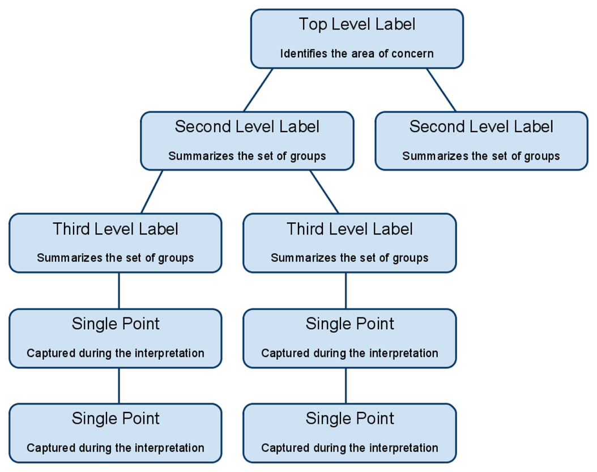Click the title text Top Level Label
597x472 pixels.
pos(357,24)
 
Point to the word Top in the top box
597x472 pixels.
pos(313,25)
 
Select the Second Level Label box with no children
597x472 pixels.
pos(481,141)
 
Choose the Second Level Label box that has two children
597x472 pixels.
pos(247,141)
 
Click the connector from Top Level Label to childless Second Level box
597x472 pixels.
pos(441,90)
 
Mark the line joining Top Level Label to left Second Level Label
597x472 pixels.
pos(258,90)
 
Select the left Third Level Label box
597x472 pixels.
pos(116,243)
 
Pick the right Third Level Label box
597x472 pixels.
pos(349,243)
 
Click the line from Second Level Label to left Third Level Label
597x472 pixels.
pos(152,192)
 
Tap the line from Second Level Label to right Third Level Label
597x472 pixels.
pos(324,192)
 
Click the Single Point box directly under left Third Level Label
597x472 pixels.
pos(116,338)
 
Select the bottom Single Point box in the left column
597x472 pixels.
pos(116,433)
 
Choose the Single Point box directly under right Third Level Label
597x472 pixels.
pos(349,338)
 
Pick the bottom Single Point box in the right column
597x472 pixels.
pos(349,433)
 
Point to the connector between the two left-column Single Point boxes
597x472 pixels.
pos(119,386)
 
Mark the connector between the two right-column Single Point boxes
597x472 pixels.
pos(346,386)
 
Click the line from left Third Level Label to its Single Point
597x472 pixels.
pos(119,291)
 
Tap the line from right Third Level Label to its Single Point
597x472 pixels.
pos(346,291)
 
